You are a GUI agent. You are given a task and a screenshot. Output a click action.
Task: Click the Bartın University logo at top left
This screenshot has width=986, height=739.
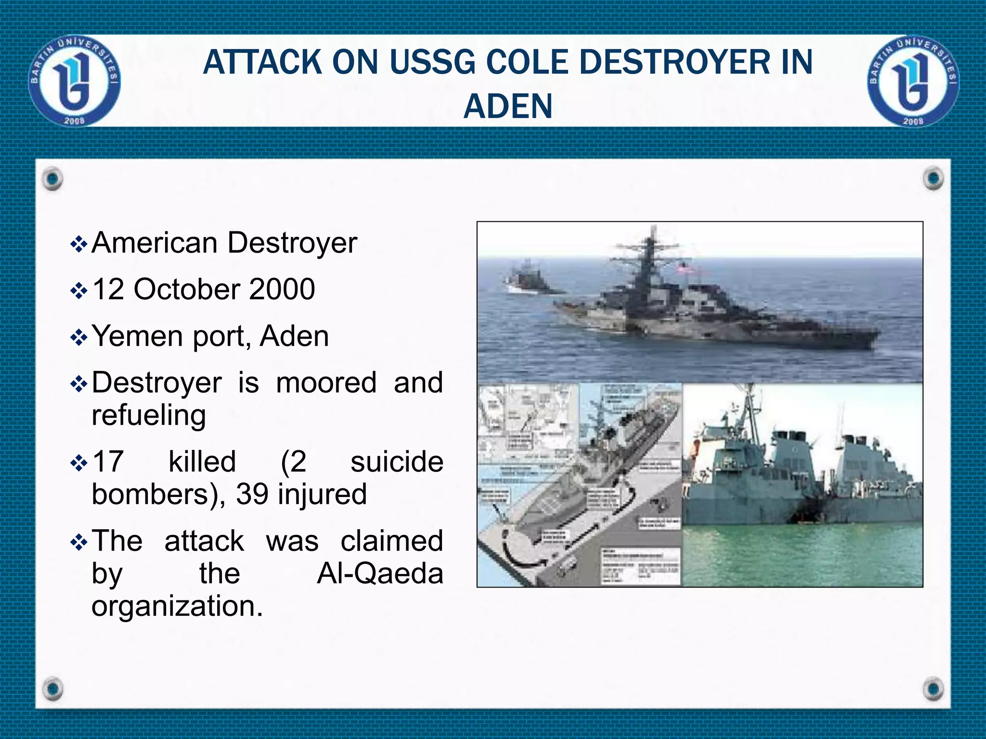pyautogui.click(x=75, y=81)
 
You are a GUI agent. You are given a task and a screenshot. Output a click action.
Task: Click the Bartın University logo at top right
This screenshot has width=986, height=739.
pyautogui.click(x=913, y=81)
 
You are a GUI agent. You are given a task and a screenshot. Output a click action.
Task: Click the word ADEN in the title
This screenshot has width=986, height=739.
pyautogui.click(x=508, y=106)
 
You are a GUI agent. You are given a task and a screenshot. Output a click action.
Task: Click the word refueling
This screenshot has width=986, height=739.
pyautogui.click(x=149, y=415)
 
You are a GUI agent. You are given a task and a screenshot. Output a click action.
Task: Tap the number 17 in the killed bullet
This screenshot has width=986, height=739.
pyautogui.click(x=108, y=462)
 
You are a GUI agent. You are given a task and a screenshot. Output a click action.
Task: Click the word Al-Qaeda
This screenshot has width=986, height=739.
pyautogui.click(x=380, y=573)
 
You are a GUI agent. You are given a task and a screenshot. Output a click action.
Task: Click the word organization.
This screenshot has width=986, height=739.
pyautogui.click(x=177, y=606)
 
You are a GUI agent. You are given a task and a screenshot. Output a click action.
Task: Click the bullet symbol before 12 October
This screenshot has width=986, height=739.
pyautogui.click(x=78, y=291)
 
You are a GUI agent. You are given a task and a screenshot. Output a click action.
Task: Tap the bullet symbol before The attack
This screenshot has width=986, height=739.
pyautogui.click(x=78, y=543)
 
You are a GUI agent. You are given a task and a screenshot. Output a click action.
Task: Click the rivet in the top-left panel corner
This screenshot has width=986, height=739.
pyautogui.click(x=52, y=179)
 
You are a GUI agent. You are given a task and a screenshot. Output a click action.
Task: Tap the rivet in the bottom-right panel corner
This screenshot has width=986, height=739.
pyautogui.click(x=934, y=688)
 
